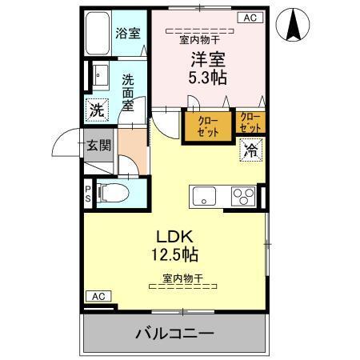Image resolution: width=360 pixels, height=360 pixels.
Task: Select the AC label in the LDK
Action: coord(97,296)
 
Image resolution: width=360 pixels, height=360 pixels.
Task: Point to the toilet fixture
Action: coord(112,192)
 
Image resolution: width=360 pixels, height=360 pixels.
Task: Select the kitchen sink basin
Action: coord(203,195)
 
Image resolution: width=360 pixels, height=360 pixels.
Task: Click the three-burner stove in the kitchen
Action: coord(243,195)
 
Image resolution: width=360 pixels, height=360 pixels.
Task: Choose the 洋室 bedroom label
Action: coord(206,58)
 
